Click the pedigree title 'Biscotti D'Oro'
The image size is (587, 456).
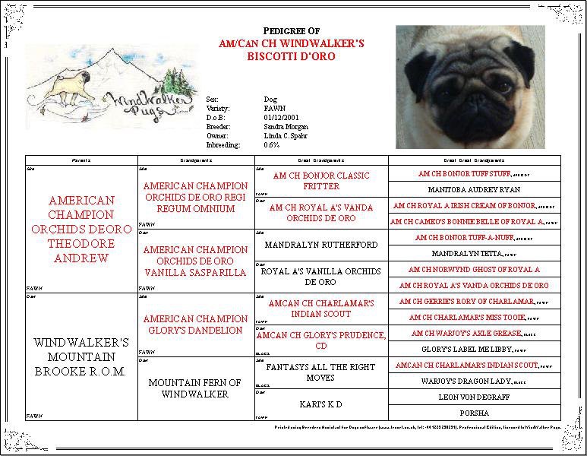(291, 57)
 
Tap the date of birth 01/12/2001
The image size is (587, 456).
(278, 118)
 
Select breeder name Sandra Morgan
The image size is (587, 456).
(286, 127)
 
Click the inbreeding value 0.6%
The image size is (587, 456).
(271, 145)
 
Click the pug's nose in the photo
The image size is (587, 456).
(478, 100)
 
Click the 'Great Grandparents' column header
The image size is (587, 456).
(321, 160)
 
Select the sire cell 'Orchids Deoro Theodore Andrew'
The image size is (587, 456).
(81, 229)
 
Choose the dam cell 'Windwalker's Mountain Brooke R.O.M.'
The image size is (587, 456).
(81, 356)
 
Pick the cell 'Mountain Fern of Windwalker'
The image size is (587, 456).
(195, 388)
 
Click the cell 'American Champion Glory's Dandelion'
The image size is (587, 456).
(195, 325)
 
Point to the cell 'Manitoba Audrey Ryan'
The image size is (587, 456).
(474, 189)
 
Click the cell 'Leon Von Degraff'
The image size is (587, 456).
(474, 397)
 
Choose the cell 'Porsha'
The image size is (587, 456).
(474, 413)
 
